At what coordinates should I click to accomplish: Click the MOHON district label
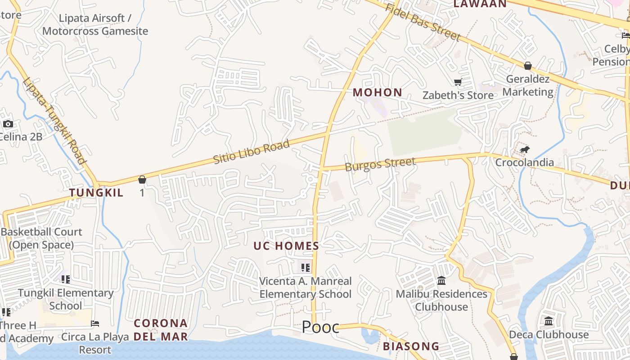pyautogui.click(x=377, y=93)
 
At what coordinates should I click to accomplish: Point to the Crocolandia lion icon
pyautogui.click(x=524, y=150)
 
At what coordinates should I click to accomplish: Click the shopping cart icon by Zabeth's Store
pyautogui.click(x=458, y=82)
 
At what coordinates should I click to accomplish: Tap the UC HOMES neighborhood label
pyautogui.click(x=286, y=246)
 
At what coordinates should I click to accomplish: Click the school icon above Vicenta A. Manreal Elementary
pyautogui.click(x=306, y=268)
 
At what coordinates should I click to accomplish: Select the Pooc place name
pyautogui.click(x=320, y=327)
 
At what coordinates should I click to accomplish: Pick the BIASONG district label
pyautogui.click(x=411, y=346)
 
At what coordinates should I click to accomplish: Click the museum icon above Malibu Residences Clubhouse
pyautogui.click(x=441, y=281)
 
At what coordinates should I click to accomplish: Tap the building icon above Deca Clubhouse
pyautogui.click(x=549, y=321)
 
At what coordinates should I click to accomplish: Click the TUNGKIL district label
pyautogui.click(x=96, y=193)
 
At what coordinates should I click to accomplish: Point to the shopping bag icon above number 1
pyautogui.click(x=142, y=180)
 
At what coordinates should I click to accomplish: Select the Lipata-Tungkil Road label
pyautogui.click(x=54, y=121)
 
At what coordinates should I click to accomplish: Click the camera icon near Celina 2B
pyautogui.click(x=8, y=124)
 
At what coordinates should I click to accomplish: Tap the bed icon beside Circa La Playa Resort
pyautogui.click(x=95, y=324)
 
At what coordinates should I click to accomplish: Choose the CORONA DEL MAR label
pyautogui.click(x=161, y=330)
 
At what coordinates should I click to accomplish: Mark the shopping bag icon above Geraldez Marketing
pyautogui.click(x=528, y=66)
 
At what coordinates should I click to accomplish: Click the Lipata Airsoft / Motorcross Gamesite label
pyautogui.click(x=95, y=25)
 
